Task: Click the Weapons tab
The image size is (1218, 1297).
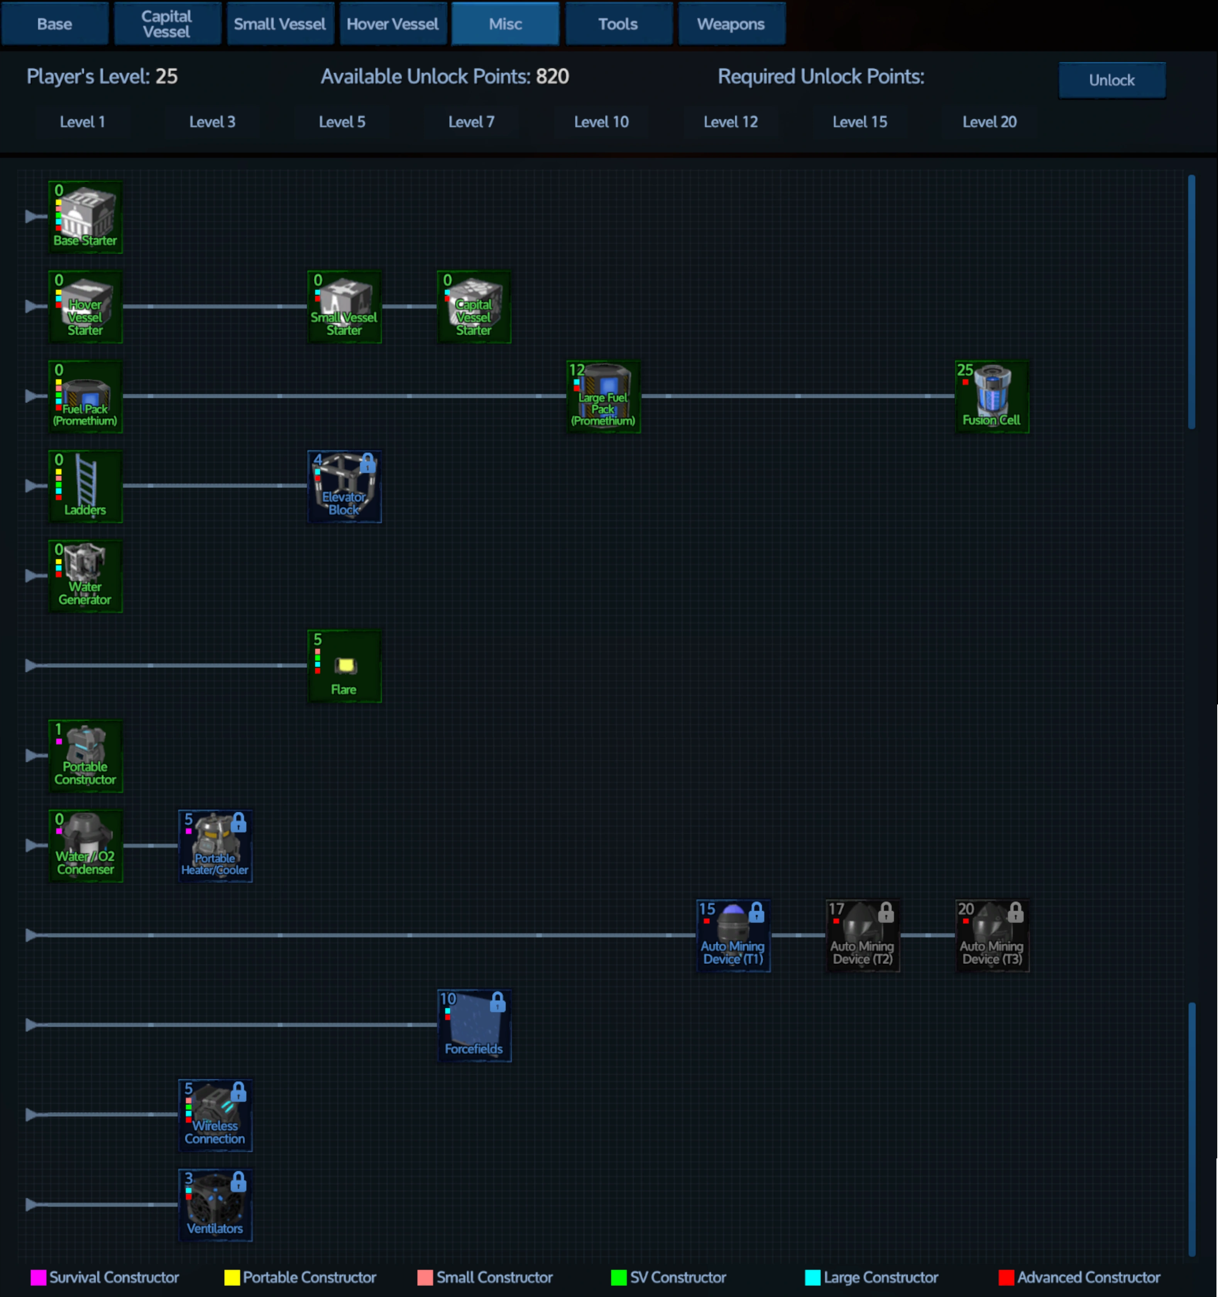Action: (x=731, y=24)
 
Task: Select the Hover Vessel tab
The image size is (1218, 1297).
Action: (x=393, y=24)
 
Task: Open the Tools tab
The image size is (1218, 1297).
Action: (x=618, y=24)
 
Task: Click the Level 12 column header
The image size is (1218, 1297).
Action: (x=731, y=122)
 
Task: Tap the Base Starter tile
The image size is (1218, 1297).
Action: (x=85, y=217)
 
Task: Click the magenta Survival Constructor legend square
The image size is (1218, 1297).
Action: (x=39, y=1277)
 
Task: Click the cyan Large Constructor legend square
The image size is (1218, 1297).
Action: (x=812, y=1277)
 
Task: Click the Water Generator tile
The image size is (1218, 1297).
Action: (x=85, y=576)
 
